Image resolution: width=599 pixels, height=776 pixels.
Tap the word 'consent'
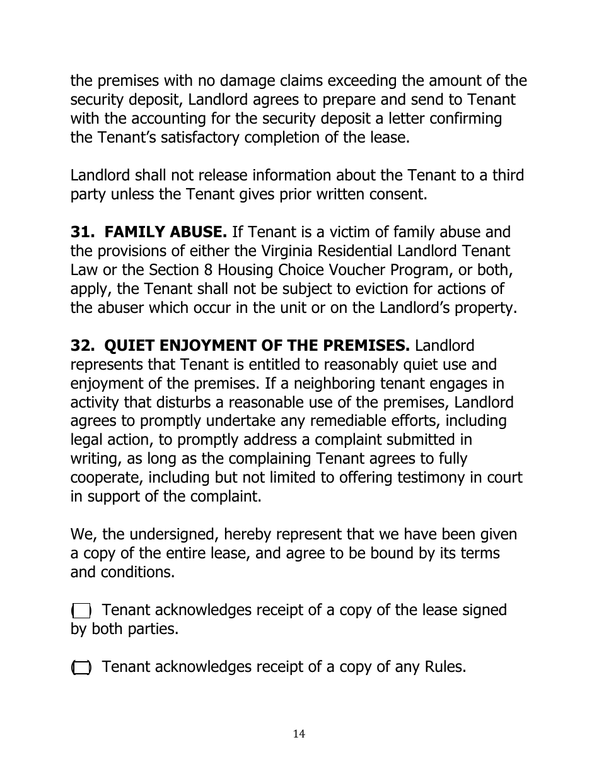[395, 194]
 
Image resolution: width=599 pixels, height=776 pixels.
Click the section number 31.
[80, 232]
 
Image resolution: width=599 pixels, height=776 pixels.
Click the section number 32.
[80, 346]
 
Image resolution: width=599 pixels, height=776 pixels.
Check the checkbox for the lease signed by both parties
[81, 611]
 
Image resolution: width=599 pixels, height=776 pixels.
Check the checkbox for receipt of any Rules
[81, 667]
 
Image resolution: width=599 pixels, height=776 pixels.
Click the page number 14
[299, 734]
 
